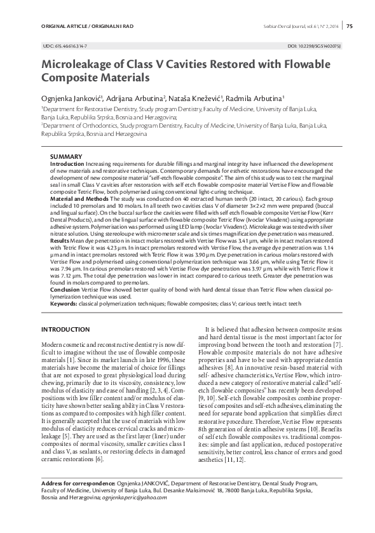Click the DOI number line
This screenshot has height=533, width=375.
click(314, 47)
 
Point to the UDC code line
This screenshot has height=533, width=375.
click(65, 47)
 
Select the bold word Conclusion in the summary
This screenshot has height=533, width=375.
click(64, 288)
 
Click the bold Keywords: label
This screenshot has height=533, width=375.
click(64, 304)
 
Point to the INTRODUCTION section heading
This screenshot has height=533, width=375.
click(65, 330)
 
